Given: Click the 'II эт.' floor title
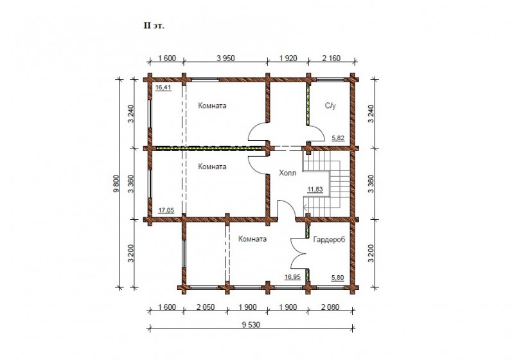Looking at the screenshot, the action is coord(154,26).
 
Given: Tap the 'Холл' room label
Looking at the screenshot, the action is coord(287,173).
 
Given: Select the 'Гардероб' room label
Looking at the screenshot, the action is coord(329,240).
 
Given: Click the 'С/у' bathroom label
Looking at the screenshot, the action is coord(330,105).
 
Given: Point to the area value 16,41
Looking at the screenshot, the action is coord(163,87).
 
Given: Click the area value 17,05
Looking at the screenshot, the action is coord(166,210).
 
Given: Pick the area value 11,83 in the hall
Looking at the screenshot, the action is coord(315,189).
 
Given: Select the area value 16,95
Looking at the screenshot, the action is coord(292,277).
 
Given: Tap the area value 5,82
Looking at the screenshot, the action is coord(338,138).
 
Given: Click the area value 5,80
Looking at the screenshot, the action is coord(338,278).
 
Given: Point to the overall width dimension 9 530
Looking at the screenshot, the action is coord(251,325).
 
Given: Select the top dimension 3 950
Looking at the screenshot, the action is coord(226,59).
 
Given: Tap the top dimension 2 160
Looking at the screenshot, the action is coord(332,59).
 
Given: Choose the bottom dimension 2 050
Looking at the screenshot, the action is coord(206,307).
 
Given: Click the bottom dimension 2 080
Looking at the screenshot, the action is coord(330,307).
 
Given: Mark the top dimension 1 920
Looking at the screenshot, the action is coord(288,59).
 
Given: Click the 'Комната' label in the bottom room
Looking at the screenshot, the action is coord(253,239).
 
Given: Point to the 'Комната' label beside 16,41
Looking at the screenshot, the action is coord(212,105).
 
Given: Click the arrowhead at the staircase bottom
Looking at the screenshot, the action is coord(304,207).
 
